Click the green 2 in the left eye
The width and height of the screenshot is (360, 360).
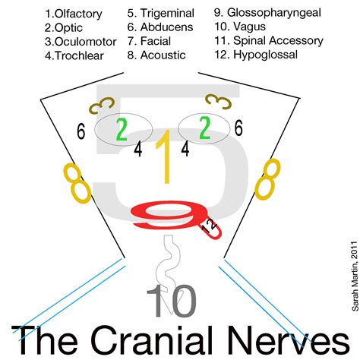(121, 128)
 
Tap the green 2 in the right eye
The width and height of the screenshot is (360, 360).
(205, 128)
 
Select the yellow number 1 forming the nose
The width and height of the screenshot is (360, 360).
(163, 156)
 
